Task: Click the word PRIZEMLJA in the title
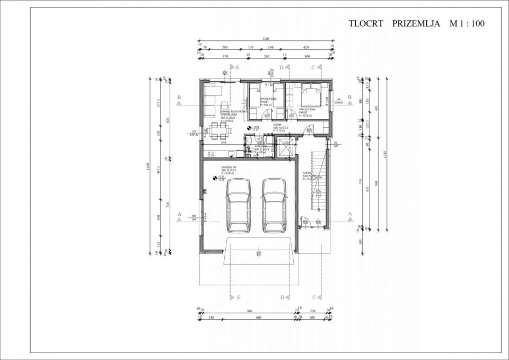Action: tap(416, 24)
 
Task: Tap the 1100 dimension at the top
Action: tap(266, 38)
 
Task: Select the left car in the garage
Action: tap(239, 205)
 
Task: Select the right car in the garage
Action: tap(274, 205)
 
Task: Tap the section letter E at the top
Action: tap(238, 67)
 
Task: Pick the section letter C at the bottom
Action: tap(314, 297)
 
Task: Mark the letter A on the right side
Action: tap(350, 213)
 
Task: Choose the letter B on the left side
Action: tap(179, 98)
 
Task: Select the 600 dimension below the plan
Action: tap(258, 317)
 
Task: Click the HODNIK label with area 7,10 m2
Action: tap(280, 128)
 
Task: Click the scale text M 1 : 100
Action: tap(467, 24)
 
